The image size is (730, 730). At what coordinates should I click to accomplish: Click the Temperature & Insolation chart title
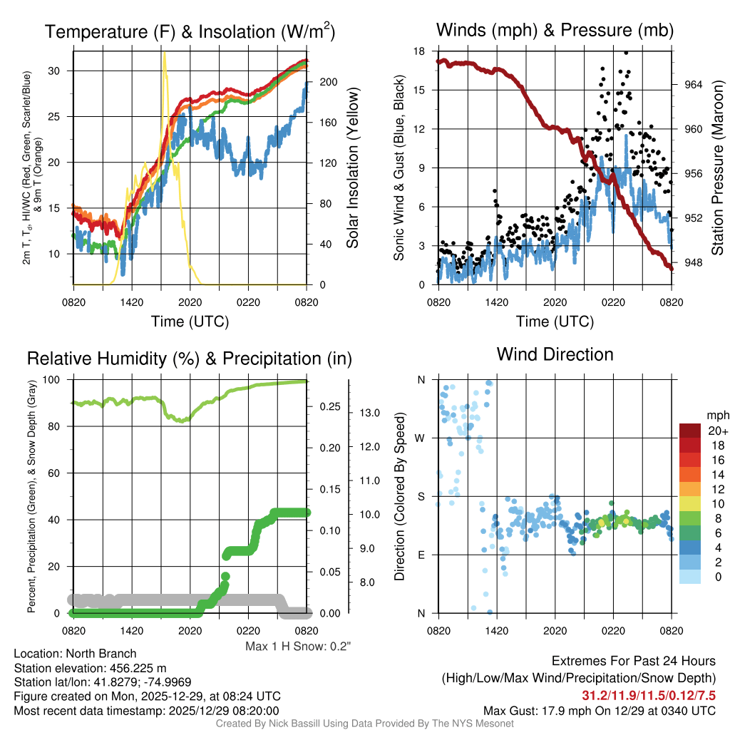tap(190, 31)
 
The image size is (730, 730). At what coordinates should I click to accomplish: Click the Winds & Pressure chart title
tap(555, 30)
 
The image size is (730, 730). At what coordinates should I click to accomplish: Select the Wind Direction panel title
tap(555, 354)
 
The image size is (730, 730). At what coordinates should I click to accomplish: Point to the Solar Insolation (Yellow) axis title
tap(352, 168)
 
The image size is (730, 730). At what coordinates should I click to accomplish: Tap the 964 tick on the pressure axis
tap(693, 84)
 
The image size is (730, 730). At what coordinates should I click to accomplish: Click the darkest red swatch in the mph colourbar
tap(690, 431)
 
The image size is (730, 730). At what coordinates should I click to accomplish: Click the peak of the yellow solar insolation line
tap(165, 53)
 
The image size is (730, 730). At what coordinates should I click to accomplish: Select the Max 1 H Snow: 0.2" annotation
tap(298, 647)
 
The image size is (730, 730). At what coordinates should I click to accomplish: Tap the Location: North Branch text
tap(75, 654)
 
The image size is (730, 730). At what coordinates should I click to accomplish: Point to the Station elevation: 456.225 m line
tap(90, 668)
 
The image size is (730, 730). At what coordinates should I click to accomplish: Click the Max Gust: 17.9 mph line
tap(599, 710)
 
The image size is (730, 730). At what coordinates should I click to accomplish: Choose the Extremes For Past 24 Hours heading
tap(634, 662)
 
